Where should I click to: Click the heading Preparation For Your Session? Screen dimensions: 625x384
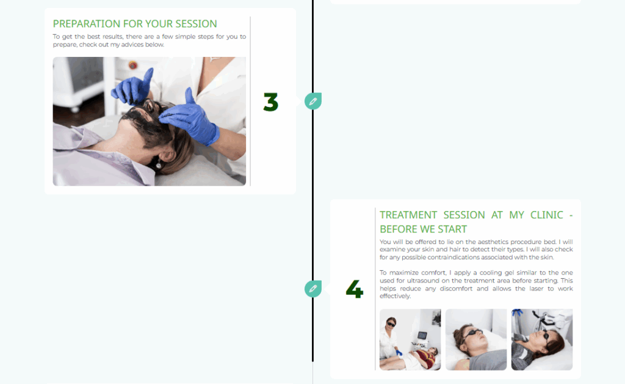pos(135,24)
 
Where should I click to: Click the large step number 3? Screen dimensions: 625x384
pos(270,102)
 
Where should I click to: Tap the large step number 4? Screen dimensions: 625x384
pos(355,289)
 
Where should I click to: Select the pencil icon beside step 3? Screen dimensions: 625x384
pos(313,101)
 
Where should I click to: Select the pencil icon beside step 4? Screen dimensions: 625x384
pos(313,289)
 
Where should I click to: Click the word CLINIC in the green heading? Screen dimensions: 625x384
pos(546,215)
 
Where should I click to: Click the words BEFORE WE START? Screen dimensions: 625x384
pos(423,229)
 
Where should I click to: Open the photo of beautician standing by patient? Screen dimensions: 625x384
pos(410,339)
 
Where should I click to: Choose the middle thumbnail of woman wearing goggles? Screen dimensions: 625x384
pos(476,339)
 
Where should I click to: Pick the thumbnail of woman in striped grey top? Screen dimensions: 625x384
pos(542,339)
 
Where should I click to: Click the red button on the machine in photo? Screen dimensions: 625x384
pos(133,65)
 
